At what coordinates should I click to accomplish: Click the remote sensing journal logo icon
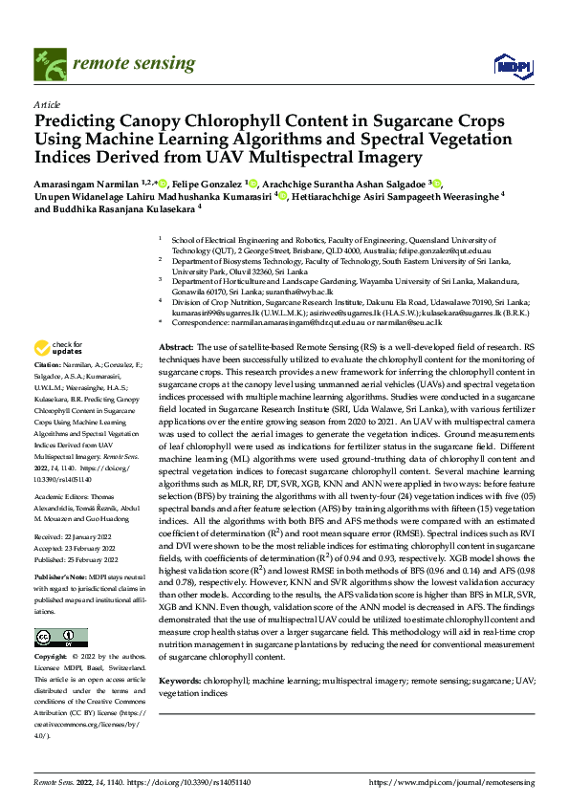click(49, 63)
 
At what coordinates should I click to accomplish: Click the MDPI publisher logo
click(507, 64)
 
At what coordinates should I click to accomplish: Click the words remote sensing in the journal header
click(129, 63)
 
